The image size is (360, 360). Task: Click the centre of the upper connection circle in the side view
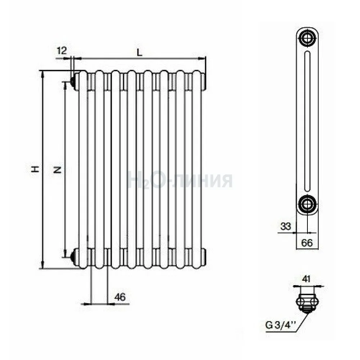tap(307, 38)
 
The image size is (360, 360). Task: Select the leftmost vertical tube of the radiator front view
tap(83, 170)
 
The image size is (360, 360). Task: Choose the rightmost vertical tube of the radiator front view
tap(197, 170)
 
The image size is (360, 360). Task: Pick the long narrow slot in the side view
tap(307, 121)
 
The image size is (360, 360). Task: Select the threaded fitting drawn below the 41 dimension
tap(307, 303)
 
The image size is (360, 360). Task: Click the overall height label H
tap(35, 170)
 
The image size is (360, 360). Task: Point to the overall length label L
tap(139, 53)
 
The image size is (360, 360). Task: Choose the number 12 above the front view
tap(61, 50)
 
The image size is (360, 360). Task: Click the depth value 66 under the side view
tap(307, 243)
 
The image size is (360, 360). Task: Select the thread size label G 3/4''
tap(280, 325)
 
